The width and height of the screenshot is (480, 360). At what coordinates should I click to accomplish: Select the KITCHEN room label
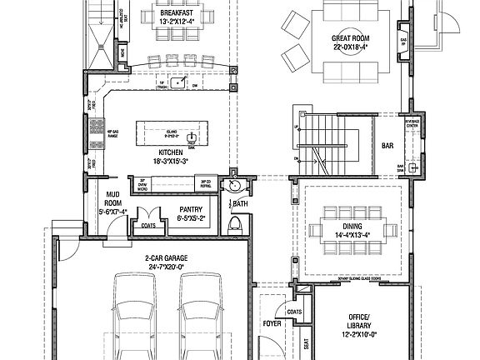(168, 152)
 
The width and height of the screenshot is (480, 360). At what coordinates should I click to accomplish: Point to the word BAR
(386, 145)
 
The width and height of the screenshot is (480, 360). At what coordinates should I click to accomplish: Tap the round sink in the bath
(234, 185)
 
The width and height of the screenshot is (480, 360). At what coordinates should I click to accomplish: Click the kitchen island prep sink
(192, 136)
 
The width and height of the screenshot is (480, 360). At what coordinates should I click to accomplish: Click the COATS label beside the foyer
(293, 312)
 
